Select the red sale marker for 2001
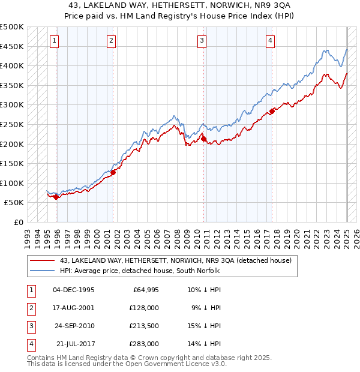tap(113, 172)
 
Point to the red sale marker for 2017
tap(272, 111)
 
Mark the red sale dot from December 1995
tap(56, 197)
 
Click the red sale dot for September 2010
tap(203, 139)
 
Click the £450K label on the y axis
tap(12, 46)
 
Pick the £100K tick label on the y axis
tap(12, 183)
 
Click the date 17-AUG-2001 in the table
tap(74, 308)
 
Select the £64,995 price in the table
tap(144, 290)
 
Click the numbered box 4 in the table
tap(30, 344)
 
